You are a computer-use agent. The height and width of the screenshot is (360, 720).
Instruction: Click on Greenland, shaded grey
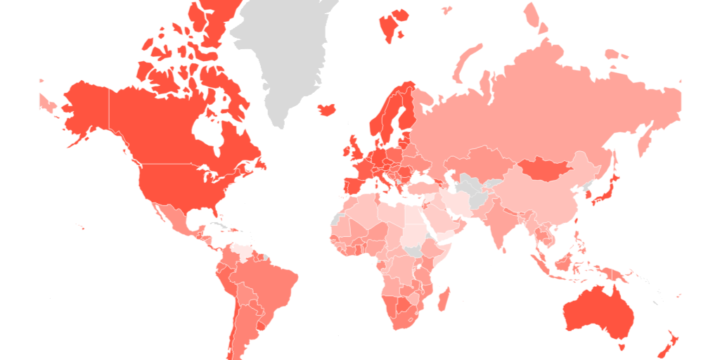coord(285,56)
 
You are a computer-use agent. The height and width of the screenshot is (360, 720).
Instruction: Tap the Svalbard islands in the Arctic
coord(392,25)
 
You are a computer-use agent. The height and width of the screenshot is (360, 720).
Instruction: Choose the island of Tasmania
coord(621,346)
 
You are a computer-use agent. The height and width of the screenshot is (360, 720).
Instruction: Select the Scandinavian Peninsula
coord(394,112)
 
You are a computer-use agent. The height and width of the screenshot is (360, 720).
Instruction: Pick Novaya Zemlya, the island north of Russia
coord(467,60)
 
